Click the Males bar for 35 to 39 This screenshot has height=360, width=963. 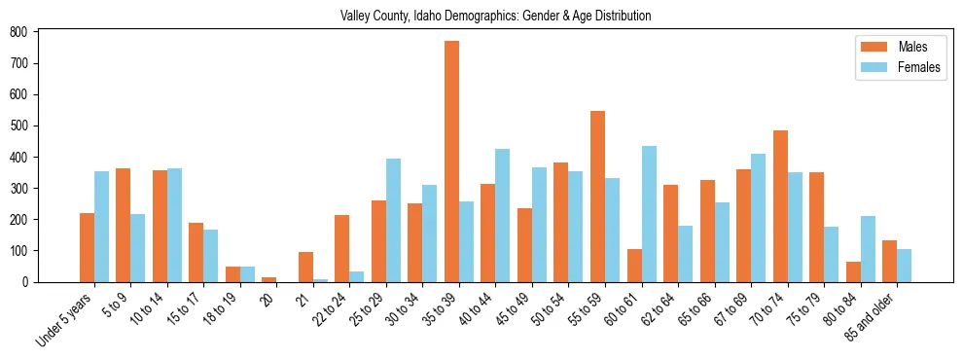451,162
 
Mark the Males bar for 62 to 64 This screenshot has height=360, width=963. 670,234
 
